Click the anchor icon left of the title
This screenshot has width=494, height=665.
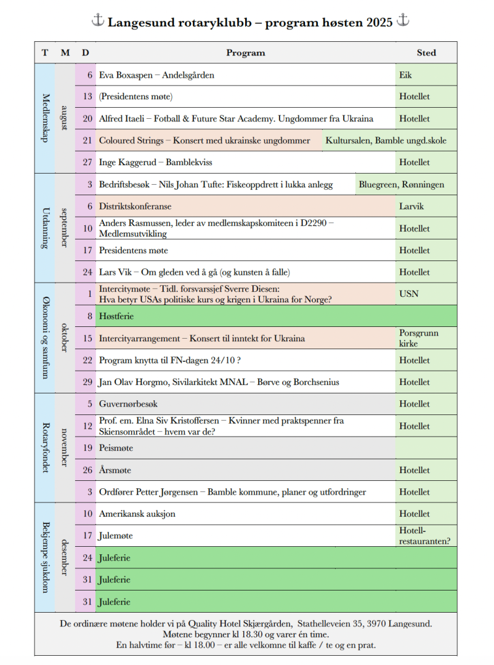tap(98, 21)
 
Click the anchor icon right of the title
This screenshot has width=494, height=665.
tap(403, 21)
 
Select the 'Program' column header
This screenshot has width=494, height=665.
tap(245, 53)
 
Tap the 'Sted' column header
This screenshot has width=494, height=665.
tap(426, 53)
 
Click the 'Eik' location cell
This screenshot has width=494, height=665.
tap(405, 75)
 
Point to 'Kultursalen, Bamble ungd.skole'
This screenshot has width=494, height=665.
tap(386, 140)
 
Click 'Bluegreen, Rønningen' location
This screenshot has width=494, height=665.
tap(401, 185)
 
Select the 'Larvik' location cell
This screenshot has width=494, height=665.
tap(411, 206)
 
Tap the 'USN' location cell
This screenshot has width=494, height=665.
tap(409, 294)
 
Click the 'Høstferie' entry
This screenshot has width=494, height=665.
tap(116, 316)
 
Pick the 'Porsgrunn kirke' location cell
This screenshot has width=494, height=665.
tap(419, 338)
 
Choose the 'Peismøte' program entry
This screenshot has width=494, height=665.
tap(116, 448)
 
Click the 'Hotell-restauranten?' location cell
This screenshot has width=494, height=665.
tap(424, 536)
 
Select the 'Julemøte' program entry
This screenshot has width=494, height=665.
tap(116, 536)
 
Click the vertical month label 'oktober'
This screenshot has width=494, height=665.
tap(65, 337)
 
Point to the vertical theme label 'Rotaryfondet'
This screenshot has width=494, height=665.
tap(45, 448)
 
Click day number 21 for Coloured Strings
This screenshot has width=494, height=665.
tap(87, 140)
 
